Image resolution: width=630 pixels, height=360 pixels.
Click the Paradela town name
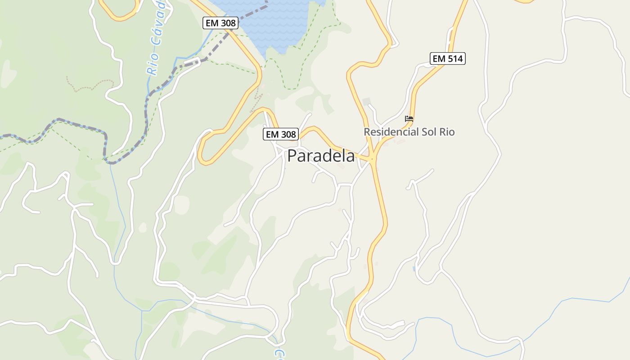[321, 156]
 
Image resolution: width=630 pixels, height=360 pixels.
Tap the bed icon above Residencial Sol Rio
[409, 119]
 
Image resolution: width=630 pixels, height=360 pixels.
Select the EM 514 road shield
[447, 58]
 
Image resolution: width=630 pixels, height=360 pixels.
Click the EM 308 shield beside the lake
[220, 23]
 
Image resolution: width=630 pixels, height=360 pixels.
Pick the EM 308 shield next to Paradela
[281, 134]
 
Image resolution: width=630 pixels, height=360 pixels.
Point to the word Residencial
[391, 132]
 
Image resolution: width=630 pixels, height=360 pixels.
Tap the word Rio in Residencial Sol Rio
[447, 132]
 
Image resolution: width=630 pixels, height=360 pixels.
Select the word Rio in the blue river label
[153, 64]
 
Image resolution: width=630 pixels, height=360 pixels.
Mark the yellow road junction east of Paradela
[373, 158]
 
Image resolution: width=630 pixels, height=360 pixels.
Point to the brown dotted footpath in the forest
[90, 85]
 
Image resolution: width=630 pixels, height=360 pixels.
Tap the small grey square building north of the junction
[366, 101]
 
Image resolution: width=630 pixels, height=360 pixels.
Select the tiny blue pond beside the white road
[414, 269]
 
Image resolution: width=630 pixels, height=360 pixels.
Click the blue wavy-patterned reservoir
[274, 22]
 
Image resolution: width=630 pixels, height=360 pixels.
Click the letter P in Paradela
[292, 156]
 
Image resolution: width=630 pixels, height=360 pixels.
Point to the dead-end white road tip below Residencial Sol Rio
[432, 170]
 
